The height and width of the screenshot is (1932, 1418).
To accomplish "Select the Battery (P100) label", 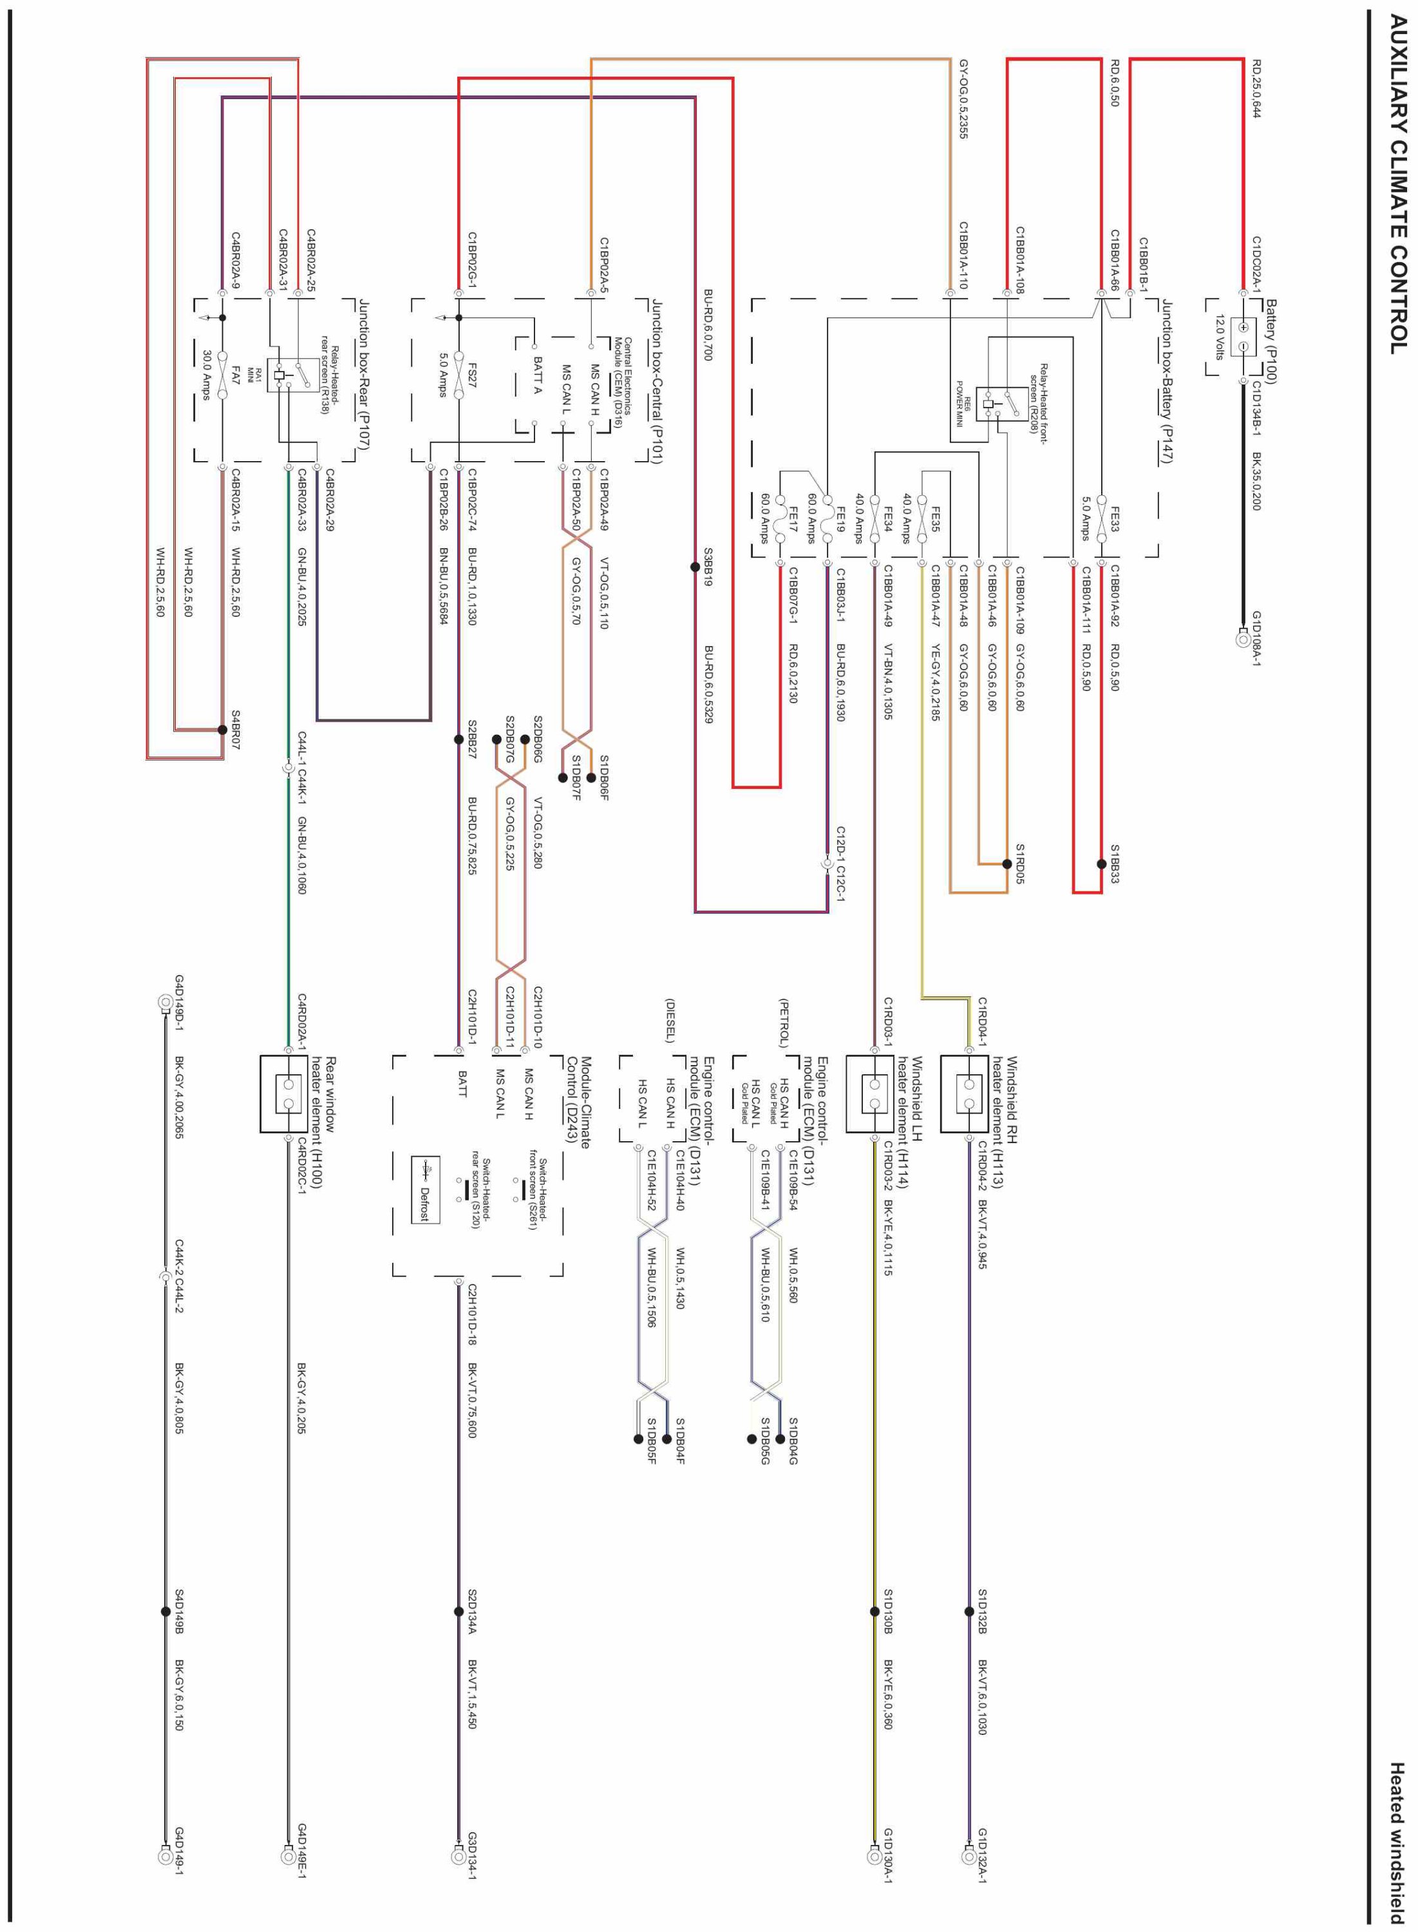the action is pos(1271,341).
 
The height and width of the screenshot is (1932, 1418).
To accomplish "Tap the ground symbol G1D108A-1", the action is pos(1242,639).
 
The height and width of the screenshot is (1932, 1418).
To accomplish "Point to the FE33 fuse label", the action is pos(1115,518).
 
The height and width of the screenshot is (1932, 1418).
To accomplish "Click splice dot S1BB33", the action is pos(1101,864).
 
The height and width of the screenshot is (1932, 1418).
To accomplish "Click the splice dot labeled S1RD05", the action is pos(1007,864).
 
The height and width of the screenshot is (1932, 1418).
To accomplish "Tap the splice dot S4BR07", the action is pos(222,730).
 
